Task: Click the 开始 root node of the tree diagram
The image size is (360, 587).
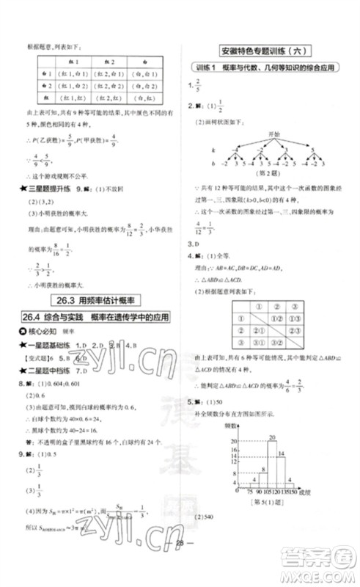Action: coord(275,134)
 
